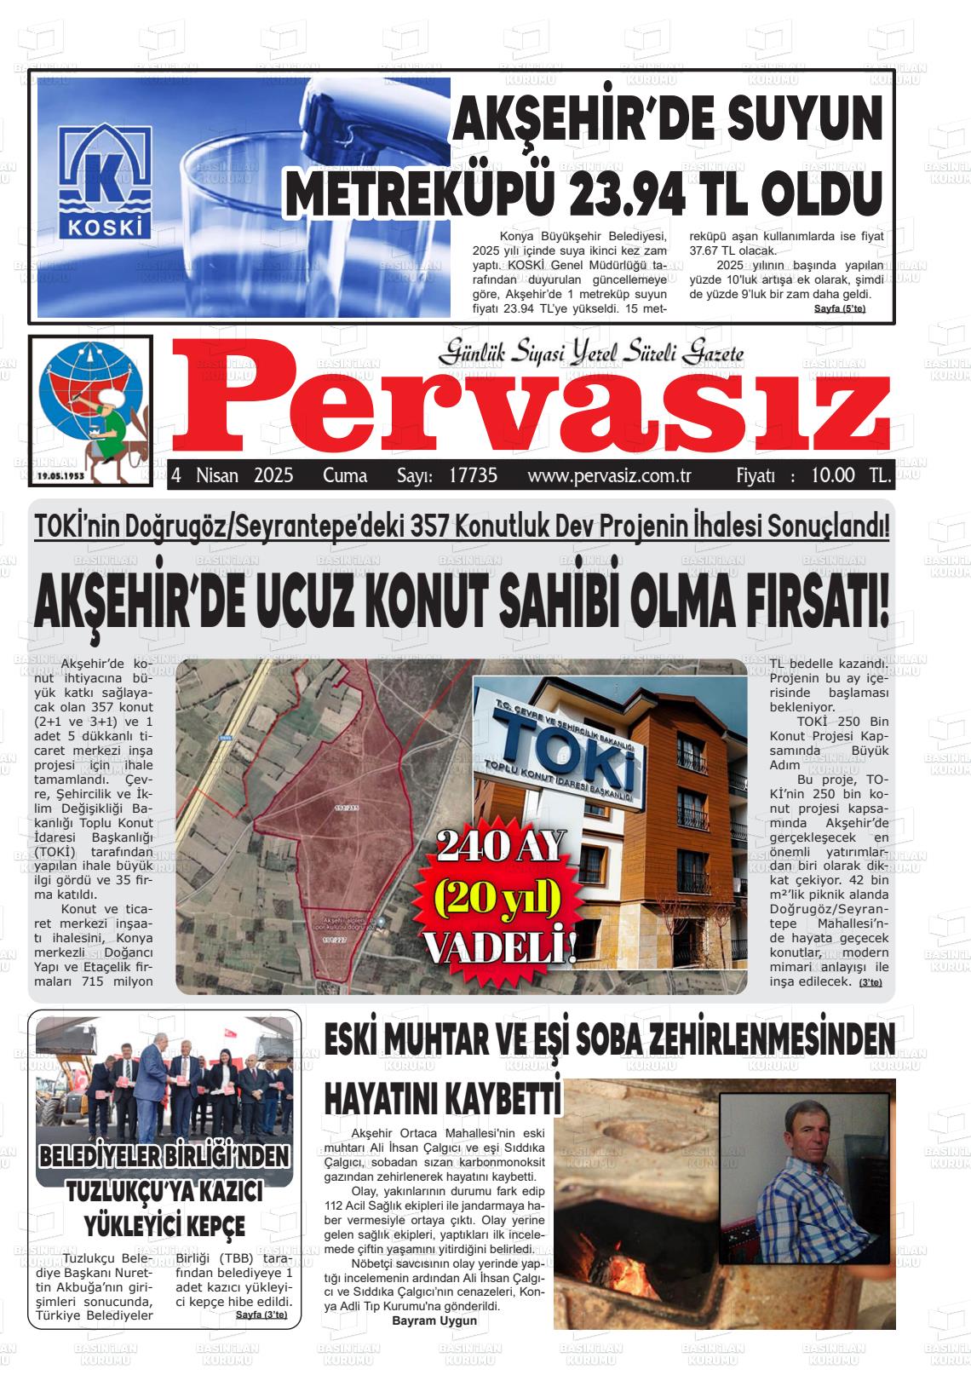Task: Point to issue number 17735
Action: pyautogui.click(x=473, y=475)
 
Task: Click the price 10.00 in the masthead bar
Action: pyautogui.click(x=832, y=475)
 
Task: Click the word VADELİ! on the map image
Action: pyautogui.click(x=500, y=946)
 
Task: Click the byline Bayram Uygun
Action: pyautogui.click(x=434, y=1320)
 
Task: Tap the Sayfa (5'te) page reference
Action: pyautogui.click(x=839, y=308)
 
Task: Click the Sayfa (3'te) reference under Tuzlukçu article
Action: pyautogui.click(x=261, y=1315)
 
